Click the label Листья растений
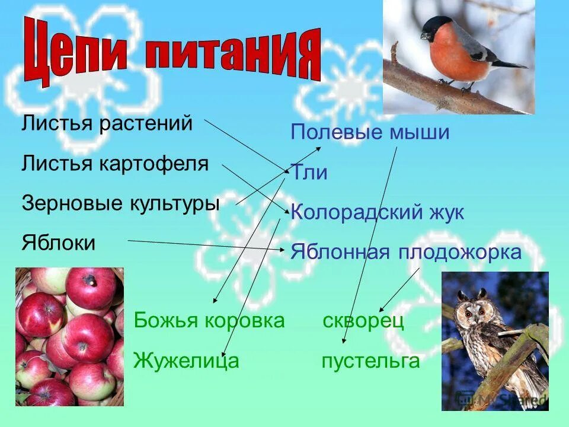107,124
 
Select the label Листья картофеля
115,164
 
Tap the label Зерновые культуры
120,203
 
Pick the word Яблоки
58,243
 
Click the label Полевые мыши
370,132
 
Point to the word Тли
309,173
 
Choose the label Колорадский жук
377,212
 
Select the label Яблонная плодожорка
406,253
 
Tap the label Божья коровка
209,321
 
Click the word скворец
363,321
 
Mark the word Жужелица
186,360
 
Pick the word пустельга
370,361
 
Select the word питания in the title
231,56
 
